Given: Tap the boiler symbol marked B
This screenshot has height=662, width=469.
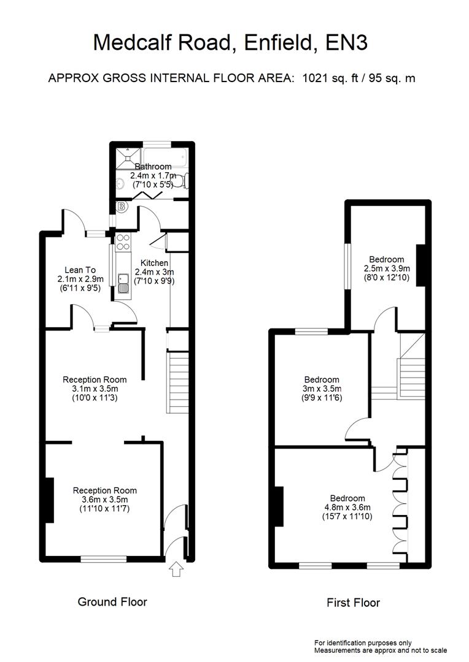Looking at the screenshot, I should [x=121, y=207].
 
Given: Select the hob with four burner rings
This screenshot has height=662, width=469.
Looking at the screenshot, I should [x=122, y=243].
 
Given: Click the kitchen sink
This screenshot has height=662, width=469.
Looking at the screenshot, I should [x=123, y=283].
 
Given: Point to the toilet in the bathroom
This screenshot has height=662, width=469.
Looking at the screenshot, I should [x=187, y=180].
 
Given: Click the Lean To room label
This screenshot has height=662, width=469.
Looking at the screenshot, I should [x=77, y=269].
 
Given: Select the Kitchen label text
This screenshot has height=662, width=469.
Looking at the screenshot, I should [x=154, y=263].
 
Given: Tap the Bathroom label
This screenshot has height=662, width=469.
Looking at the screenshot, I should [x=153, y=166].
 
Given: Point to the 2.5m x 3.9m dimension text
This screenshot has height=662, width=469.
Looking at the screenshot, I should [x=387, y=268].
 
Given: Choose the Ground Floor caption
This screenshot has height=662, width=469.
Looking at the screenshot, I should [x=112, y=602].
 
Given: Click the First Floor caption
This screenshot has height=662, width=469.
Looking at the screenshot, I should [x=353, y=603].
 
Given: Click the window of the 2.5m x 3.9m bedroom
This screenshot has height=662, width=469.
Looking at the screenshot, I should [x=347, y=264].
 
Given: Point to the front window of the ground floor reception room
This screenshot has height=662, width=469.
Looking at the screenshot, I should [x=104, y=558].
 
